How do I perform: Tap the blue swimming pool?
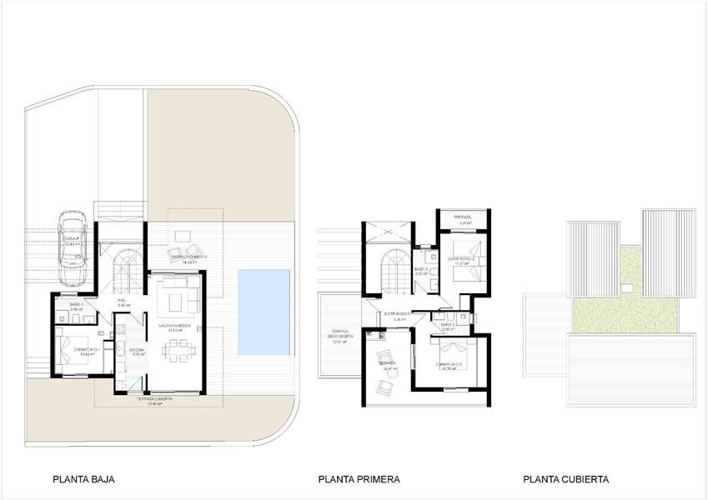(264, 311)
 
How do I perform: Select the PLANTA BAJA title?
(83, 479)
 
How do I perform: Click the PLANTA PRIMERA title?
(359, 479)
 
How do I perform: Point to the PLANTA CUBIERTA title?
(566, 479)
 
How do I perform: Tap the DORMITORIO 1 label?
(87, 349)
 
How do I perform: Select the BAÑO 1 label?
(76, 305)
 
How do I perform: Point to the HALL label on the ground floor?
(123, 302)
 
